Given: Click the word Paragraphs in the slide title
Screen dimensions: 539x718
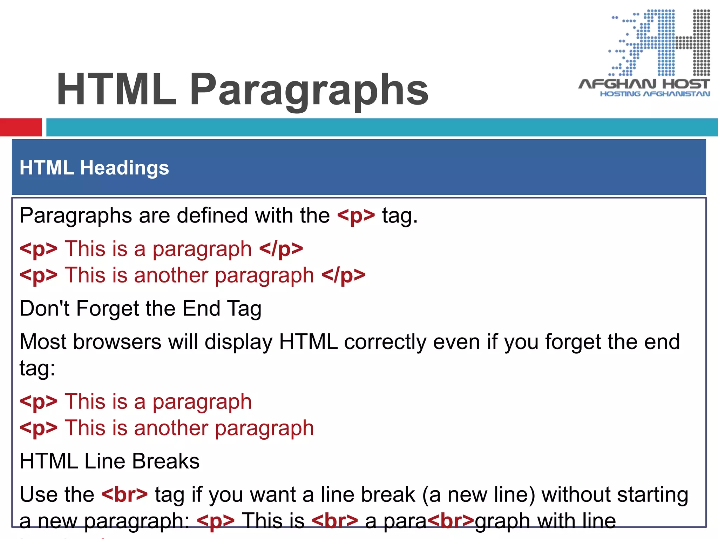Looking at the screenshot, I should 309,89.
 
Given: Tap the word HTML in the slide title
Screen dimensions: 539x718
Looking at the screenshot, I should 116,89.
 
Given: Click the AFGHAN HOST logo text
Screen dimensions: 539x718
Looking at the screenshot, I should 644,84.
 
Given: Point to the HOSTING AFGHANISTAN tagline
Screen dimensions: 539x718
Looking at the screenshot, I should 655,94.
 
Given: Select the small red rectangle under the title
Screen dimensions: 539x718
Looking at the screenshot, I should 21,127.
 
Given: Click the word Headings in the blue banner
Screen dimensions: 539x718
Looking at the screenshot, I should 124,168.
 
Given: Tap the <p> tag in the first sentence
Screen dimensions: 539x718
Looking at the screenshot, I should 356,215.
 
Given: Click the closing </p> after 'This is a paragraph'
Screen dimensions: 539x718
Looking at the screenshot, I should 281,249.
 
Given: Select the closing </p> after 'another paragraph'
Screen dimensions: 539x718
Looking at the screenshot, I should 343,275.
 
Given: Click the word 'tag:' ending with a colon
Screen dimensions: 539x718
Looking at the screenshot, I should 37,368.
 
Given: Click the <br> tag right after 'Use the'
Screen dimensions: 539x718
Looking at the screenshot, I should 125,494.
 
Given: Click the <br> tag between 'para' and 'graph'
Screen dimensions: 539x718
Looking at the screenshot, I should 451,521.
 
